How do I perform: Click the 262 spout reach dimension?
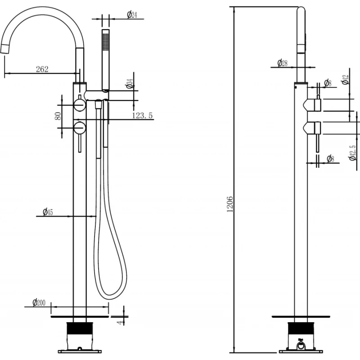(42, 69)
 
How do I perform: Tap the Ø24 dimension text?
(132, 15)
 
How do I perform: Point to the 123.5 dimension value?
(143, 116)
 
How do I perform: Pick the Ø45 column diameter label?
(48, 212)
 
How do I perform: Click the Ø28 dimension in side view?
(282, 63)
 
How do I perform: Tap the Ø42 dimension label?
(345, 81)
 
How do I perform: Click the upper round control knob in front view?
(80, 105)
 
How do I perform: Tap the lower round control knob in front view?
(80, 128)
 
